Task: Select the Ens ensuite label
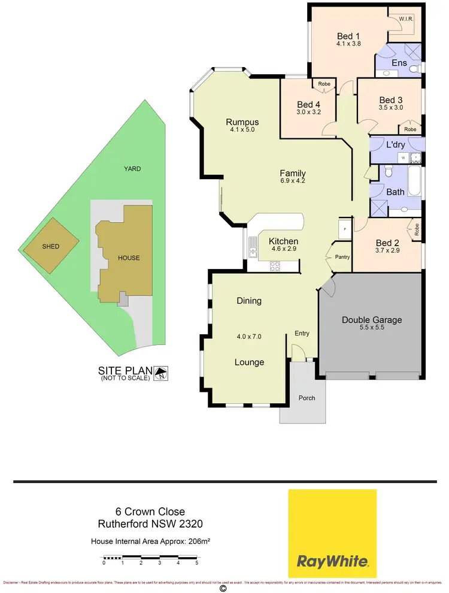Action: point(399,63)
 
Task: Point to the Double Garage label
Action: point(372,320)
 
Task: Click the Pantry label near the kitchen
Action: point(342,257)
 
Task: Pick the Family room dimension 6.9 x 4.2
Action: point(293,180)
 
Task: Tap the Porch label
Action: point(307,398)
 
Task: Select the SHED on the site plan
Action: point(51,246)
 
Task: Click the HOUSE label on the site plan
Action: point(129,258)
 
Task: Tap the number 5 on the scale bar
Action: point(196,562)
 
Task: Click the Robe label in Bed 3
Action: point(410,129)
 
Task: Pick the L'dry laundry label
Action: point(396,145)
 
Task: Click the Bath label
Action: point(395,192)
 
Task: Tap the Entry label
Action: point(302,333)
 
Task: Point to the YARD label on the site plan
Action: point(132,169)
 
